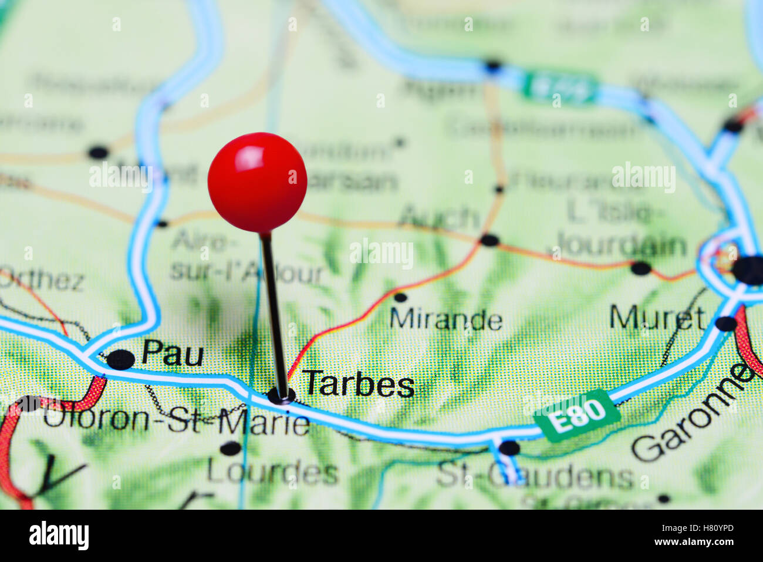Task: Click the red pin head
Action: [x=257, y=182]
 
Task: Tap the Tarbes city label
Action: [x=358, y=385]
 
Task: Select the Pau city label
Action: [x=173, y=354]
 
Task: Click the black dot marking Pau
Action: [x=121, y=359]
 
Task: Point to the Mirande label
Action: [x=445, y=320]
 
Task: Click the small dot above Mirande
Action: [x=400, y=297]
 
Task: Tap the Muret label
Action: [x=657, y=318]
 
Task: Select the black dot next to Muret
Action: [x=726, y=324]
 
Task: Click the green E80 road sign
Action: [x=577, y=415]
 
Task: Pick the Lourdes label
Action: [x=272, y=472]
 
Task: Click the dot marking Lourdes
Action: [x=231, y=449]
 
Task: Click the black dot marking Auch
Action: [x=489, y=240]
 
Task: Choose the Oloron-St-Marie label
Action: [x=176, y=422]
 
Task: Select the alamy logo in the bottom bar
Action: [x=59, y=536]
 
